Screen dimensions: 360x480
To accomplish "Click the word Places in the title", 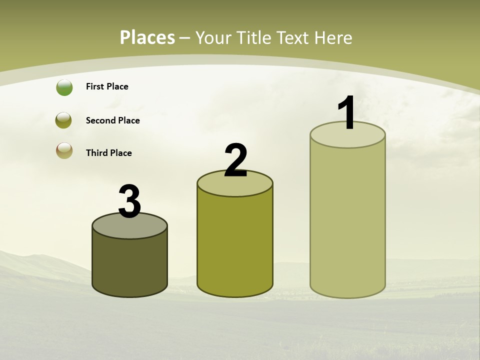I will tap(147, 37).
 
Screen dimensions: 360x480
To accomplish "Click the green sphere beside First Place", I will tap(64, 87).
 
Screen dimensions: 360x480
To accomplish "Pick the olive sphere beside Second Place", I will tap(64, 120).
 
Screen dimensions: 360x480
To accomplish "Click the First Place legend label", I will tap(107, 86).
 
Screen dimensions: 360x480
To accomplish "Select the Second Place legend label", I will tap(112, 120).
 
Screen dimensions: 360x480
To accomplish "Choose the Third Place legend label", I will tap(108, 153).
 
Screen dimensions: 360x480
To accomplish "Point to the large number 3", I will tap(129, 201).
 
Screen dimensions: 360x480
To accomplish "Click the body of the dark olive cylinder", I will tap(129, 265).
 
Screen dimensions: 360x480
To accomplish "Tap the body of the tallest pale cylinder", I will tap(347, 220).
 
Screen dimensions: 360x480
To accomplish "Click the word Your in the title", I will tap(213, 37).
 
